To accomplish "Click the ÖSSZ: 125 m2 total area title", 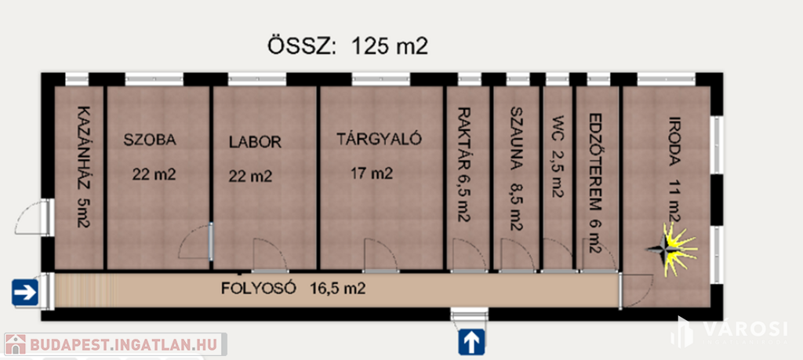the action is (x=347, y=46).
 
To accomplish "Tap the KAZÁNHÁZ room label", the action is (x=82, y=166).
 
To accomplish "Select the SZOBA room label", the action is (x=150, y=140).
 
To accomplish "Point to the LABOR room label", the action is (x=255, y=142).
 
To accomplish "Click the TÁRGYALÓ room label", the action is (x=379, y=139).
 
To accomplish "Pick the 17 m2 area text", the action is (x=372, y=174).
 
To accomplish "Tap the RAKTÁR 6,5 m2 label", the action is (x=463, y=164).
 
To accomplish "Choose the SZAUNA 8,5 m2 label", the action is (x=516, y=168).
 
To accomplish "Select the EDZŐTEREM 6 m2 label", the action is (x=594, y=184).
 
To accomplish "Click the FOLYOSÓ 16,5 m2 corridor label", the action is (x=293, y=289).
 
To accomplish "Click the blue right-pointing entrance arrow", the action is (x=24, y=293).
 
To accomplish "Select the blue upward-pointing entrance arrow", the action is (x=471, y=342).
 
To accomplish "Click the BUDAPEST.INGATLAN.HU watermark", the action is (x=116, y=344).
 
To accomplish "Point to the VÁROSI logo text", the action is (x=744, y=329).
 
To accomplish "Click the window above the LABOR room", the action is (x=257, y=79).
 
